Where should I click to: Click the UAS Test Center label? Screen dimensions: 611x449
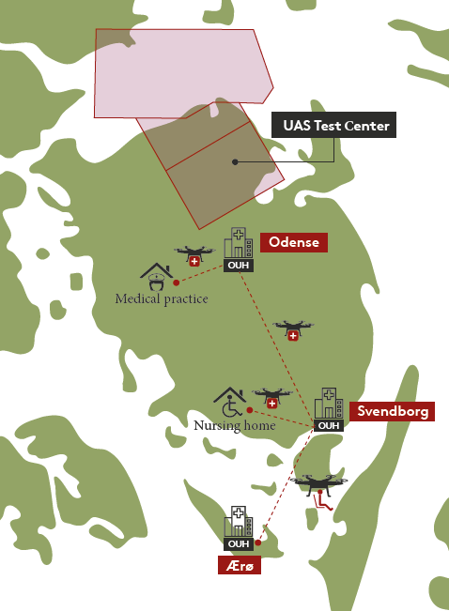pos(333,125)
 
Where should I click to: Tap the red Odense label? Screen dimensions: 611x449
pos(293,242)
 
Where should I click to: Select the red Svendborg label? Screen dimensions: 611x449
pos(392,411)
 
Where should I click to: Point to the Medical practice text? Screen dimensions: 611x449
pos(161,299)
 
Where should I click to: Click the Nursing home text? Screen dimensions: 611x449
pos(234,425)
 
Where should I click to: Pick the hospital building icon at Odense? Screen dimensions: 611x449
pos(238,244)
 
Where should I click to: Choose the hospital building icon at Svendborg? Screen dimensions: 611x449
pos(328,403)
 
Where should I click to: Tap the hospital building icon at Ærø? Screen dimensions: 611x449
pos(238,522)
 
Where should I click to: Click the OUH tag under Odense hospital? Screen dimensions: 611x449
pos(238,265)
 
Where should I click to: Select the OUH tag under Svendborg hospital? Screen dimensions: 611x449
pos(328,425)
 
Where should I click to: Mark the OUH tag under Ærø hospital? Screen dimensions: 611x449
pos(238,543)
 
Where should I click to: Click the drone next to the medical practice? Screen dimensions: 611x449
pos(194,255)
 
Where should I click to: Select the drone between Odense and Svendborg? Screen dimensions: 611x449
pos(293,329)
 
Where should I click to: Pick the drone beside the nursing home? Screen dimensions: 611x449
pos(271,398)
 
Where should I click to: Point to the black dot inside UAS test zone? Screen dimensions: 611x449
pos(235,161)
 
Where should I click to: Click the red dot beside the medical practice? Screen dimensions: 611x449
pos(176,281)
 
